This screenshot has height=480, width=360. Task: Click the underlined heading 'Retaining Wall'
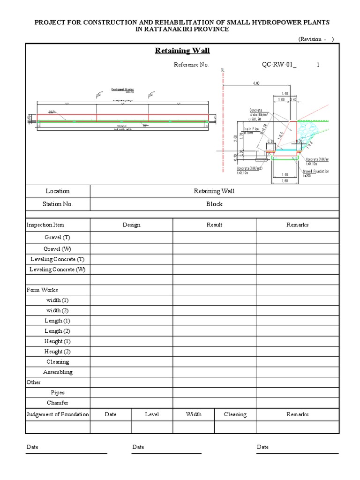(x=182, y=51)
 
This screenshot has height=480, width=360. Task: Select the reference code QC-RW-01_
(x=279, y=65)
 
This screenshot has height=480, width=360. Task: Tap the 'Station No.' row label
(x=58, y=204)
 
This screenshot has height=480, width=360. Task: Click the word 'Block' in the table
(x=214, y=204)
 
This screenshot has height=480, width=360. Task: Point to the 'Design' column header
(x=132, y=225)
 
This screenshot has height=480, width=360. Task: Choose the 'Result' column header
(x=214, y=225)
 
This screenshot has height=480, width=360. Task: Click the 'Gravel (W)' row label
(x=58, y=249)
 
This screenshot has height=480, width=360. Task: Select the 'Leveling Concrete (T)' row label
(x=58, y=259)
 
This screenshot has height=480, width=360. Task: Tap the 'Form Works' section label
(x=42, y=290)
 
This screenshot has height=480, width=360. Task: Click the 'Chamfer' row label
(x=58, y=403)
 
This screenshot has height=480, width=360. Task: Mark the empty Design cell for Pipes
(x=132, y=393)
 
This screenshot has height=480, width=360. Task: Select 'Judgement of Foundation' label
(x=58, y=414)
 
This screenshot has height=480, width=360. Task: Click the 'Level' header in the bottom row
(x=152, y=414)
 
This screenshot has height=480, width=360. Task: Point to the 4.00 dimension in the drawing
(x=256, y=83)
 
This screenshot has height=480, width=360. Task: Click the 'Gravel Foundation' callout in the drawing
(x=315, y=172)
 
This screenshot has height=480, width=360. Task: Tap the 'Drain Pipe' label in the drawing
(x=250, y=128)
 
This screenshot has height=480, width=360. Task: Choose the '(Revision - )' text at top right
(x=316, y=39)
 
